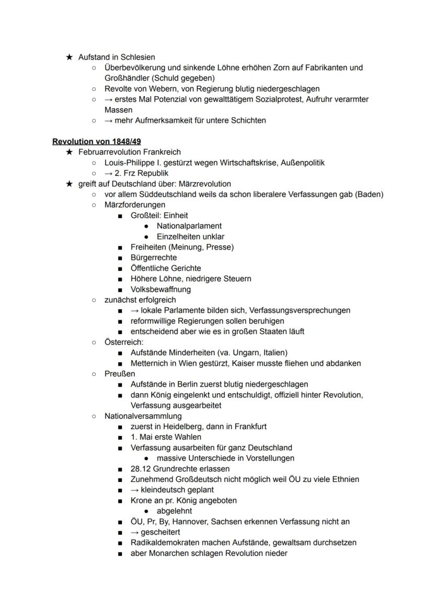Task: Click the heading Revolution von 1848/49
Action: (x=97, y=142)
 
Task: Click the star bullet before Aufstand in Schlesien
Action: (x=69, y=57)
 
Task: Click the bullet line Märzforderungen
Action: (x=134, y=205)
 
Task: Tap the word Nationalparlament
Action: (x=189, y=226)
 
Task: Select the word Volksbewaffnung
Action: (x=161, y=289)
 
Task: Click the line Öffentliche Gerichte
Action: (x=166, y=268)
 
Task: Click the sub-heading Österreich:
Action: (x=123, y=342)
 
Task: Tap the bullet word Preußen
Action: (x=120, y=374)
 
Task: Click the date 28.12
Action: (x=141, y=469)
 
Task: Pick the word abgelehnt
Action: (x=174, y=511)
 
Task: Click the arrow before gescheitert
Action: (x=134, y=532)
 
